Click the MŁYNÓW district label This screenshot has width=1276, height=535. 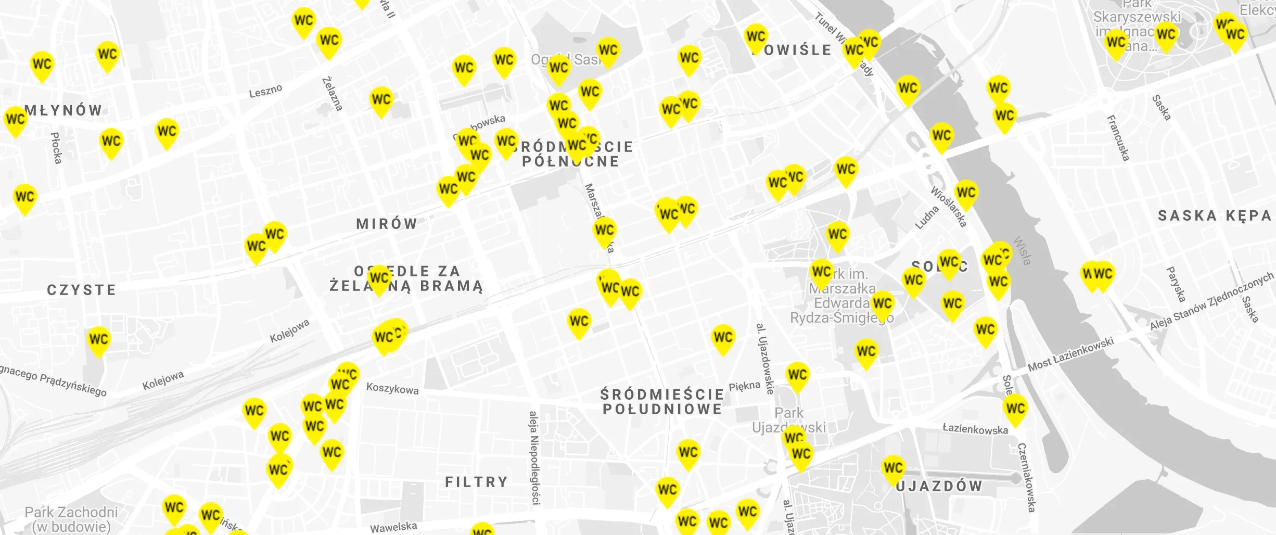63,110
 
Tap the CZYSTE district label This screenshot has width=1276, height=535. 82,290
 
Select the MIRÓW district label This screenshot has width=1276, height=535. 387,224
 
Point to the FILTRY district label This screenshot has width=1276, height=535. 476,482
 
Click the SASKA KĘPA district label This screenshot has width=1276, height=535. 1214,215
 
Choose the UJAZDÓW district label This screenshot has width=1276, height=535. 940,486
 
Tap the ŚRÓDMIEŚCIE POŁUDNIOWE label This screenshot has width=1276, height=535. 662,402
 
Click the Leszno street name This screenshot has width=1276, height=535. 265,91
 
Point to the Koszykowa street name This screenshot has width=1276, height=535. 392,388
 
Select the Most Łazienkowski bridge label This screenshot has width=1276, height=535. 1070,354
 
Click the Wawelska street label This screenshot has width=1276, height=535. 393,527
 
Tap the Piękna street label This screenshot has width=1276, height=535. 744,386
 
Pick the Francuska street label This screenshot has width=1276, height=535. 1118,138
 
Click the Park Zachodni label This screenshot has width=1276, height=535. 71,513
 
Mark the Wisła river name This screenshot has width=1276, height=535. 1022,251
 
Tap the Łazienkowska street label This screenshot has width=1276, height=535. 975,429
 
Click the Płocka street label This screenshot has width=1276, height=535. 56,148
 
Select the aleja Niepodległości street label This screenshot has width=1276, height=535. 534,457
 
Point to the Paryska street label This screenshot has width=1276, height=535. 1176,284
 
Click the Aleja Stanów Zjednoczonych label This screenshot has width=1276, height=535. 1210,302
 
